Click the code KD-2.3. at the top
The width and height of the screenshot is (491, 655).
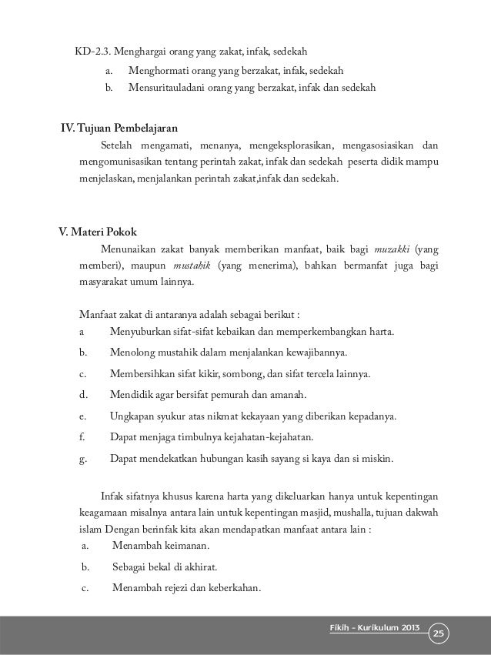[x=92, y=53]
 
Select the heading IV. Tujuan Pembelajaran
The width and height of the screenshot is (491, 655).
[x=119, y=127]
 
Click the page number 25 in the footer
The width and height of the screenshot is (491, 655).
[x=440, y=633]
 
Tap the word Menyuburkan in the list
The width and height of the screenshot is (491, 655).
[x=142, y=333]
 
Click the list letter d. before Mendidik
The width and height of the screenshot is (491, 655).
[x=82, y=396]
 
